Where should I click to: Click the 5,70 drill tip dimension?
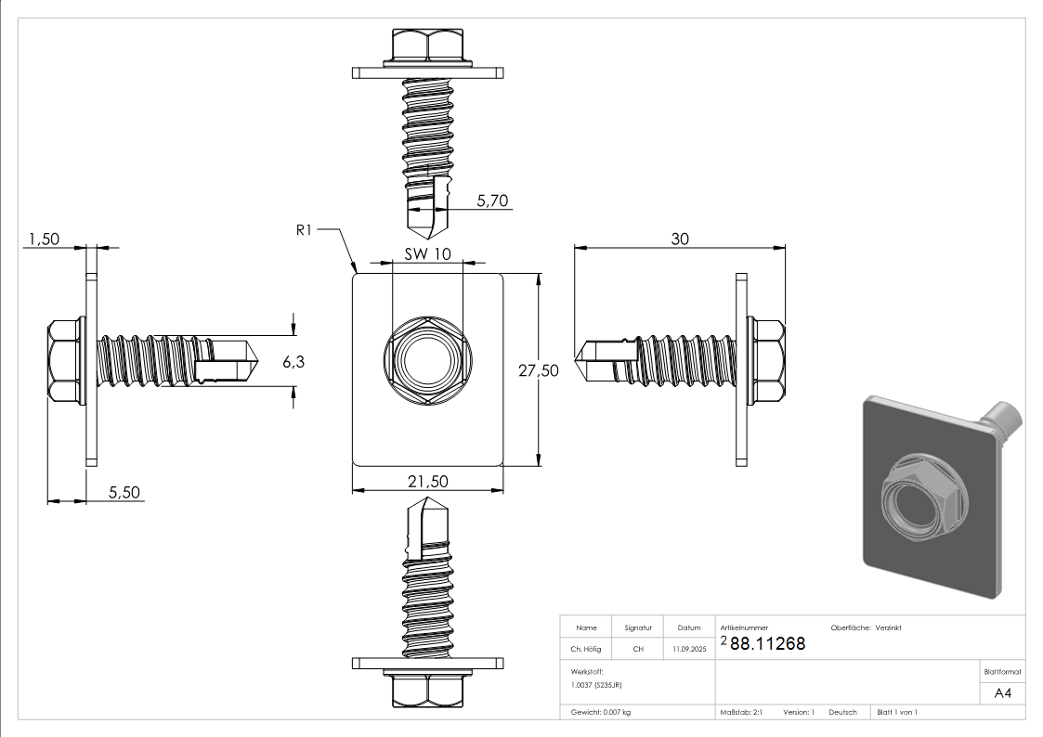(x=492, y=200)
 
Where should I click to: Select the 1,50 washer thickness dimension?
(x=44, y=239)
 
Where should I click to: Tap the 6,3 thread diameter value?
(x=293, y=361)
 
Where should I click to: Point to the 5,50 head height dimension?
(x=124, y=493)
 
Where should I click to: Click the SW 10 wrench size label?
(x=428, y=253)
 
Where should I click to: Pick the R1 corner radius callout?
(x=304, y=230)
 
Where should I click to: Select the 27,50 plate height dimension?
(x=538, y=370)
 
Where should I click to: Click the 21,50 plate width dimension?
(x=428, y=481)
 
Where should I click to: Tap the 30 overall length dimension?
(x=680, y=239)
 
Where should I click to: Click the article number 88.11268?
(x=767, y=643)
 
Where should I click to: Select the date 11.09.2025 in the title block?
(x=689, y=649)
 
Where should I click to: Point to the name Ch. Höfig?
(x=585, y=649)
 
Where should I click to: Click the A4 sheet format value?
(x=1002, y=693)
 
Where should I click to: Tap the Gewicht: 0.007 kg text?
(x=601, y=713)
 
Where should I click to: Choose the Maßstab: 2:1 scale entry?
(x=741, y=713)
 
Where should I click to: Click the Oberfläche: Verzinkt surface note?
(x=866, y=628)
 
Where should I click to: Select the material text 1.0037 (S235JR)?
(x=596, y=684)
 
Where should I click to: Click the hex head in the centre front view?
(x=428, y=361)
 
